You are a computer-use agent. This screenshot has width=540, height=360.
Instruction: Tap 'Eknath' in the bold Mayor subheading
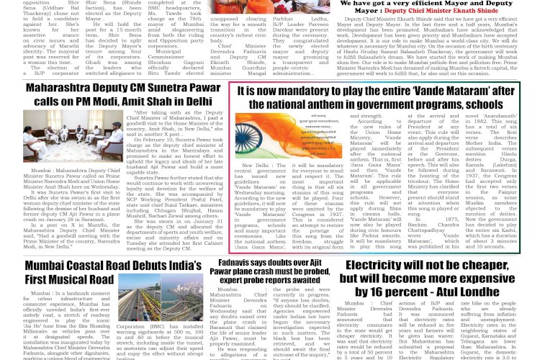(x=462, y=12)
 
